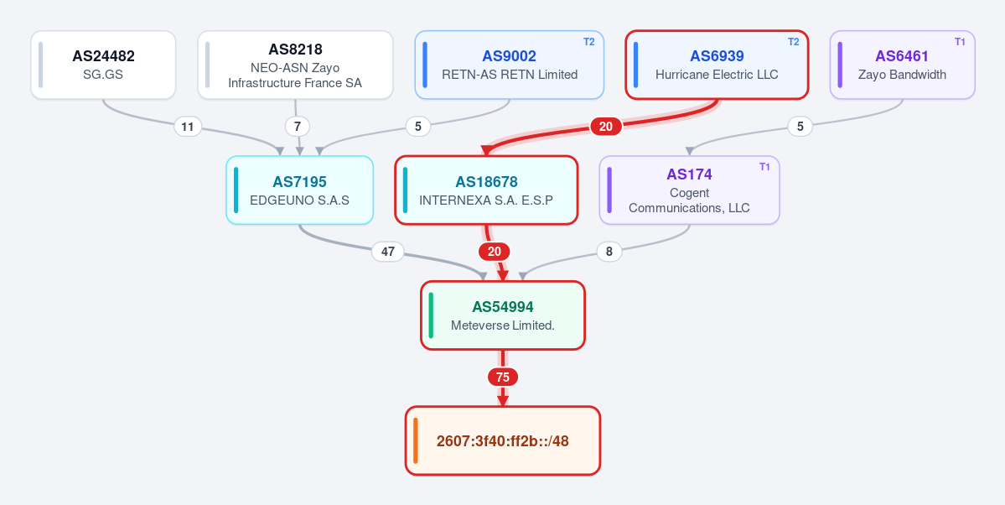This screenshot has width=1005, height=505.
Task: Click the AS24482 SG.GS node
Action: [103, 65]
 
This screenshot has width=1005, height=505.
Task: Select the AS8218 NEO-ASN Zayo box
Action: [296, 65]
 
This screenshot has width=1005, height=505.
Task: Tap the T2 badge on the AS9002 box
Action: [589, 42]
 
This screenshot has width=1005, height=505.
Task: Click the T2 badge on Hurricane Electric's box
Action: [794, 42]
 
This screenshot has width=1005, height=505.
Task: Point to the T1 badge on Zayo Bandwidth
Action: [960, 42]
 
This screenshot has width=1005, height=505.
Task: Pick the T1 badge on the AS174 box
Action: [764, 167]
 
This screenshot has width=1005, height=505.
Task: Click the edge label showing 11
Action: [187, 127]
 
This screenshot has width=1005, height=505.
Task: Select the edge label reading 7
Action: [297, 127]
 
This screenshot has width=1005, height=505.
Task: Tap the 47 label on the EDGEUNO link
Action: [388, 252]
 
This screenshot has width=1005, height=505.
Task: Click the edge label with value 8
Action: [609, 252]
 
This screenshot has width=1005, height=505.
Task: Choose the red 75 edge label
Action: [503, 377]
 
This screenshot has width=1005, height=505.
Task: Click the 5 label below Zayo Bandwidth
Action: [800, 127]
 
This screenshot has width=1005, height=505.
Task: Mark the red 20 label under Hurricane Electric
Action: [606, 127]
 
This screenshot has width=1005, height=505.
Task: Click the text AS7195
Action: [299, 181]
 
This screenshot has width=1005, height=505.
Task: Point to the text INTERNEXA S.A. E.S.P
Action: [486, 200]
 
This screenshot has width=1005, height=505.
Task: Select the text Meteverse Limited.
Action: [503, 325]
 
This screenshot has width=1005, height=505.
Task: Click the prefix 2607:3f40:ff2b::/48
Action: [503, 441]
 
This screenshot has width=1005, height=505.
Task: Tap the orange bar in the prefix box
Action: [416, 441]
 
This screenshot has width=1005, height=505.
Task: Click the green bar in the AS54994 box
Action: [431, 315]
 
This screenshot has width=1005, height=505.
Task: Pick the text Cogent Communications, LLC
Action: [689, 200]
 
